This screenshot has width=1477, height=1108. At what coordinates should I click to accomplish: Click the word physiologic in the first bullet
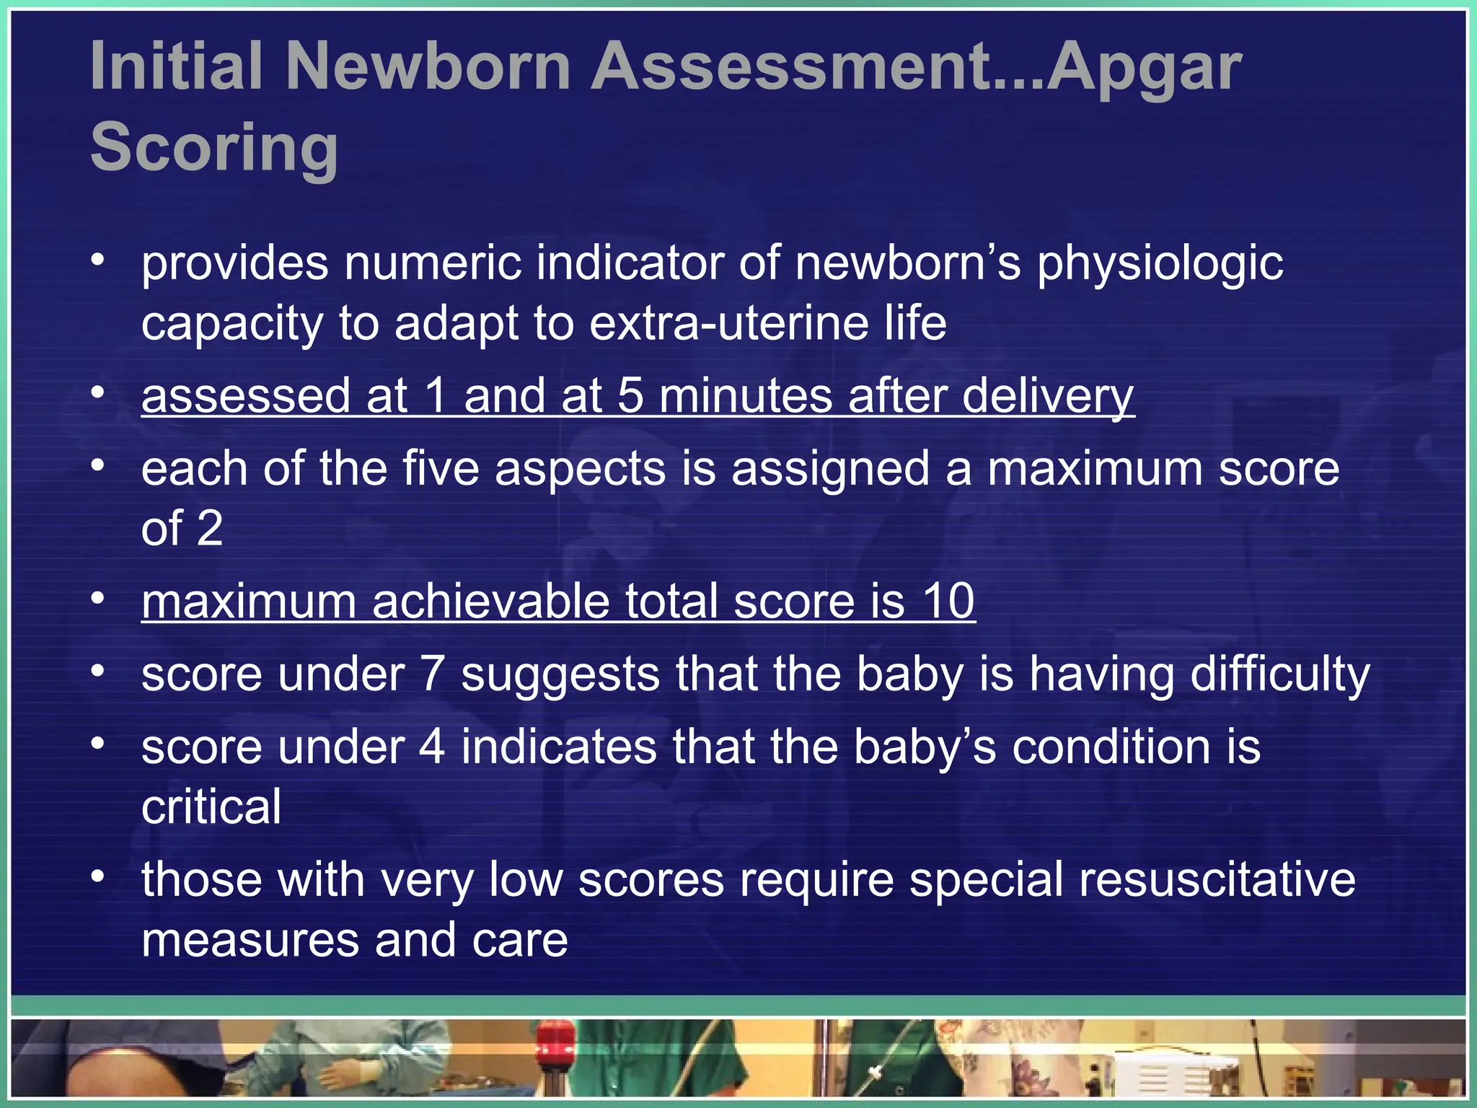[x=1160, y=264]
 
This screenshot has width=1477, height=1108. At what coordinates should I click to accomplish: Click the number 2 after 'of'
[x=209, y=529]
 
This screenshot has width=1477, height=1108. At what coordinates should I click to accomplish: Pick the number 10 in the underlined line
[x=948, y=601]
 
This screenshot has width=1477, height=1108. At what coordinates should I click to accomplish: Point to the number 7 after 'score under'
[x=431, y=674]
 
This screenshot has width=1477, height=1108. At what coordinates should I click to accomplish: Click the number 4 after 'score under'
[x=431, y=747]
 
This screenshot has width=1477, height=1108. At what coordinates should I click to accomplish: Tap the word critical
[x=211, y=807]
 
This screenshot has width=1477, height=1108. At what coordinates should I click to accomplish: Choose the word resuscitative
[x=1132, y=880]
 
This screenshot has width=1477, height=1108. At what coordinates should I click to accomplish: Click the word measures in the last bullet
[x=250, y=941]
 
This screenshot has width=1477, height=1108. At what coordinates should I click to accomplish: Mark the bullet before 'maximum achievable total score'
[x=98, y=599]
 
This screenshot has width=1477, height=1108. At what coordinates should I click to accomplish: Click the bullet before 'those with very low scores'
[x=98, y=876]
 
